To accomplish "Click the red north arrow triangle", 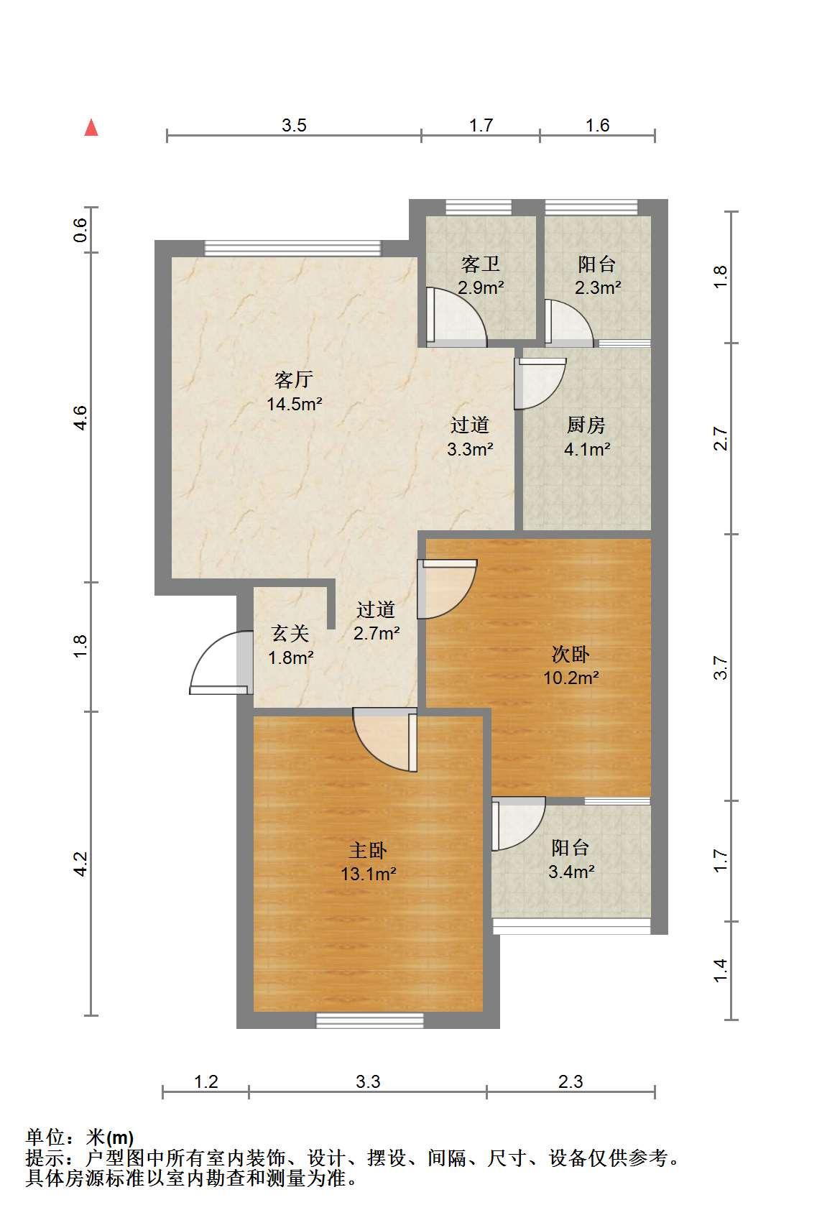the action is [91, 128].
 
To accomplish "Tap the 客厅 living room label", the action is [293, 379].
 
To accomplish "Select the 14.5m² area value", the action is [294, 404].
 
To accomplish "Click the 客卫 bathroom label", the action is [481, 264].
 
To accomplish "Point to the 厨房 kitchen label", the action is [586, 425].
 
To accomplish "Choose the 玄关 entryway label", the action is [290, 634].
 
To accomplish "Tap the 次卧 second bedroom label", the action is [571, 654].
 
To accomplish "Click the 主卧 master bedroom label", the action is [368, 850].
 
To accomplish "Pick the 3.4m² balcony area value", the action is [571, 871].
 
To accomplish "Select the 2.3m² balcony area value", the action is [598, 287].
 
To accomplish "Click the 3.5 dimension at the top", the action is [294, 125].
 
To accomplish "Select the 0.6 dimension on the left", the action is [80, 230].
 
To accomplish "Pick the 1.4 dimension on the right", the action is [720, 971].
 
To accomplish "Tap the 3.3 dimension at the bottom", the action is [367, 1081].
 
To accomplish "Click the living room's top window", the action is [292, 249].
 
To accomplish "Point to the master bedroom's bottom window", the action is [370, 1020].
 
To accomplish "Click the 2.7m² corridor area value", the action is [377, 634].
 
